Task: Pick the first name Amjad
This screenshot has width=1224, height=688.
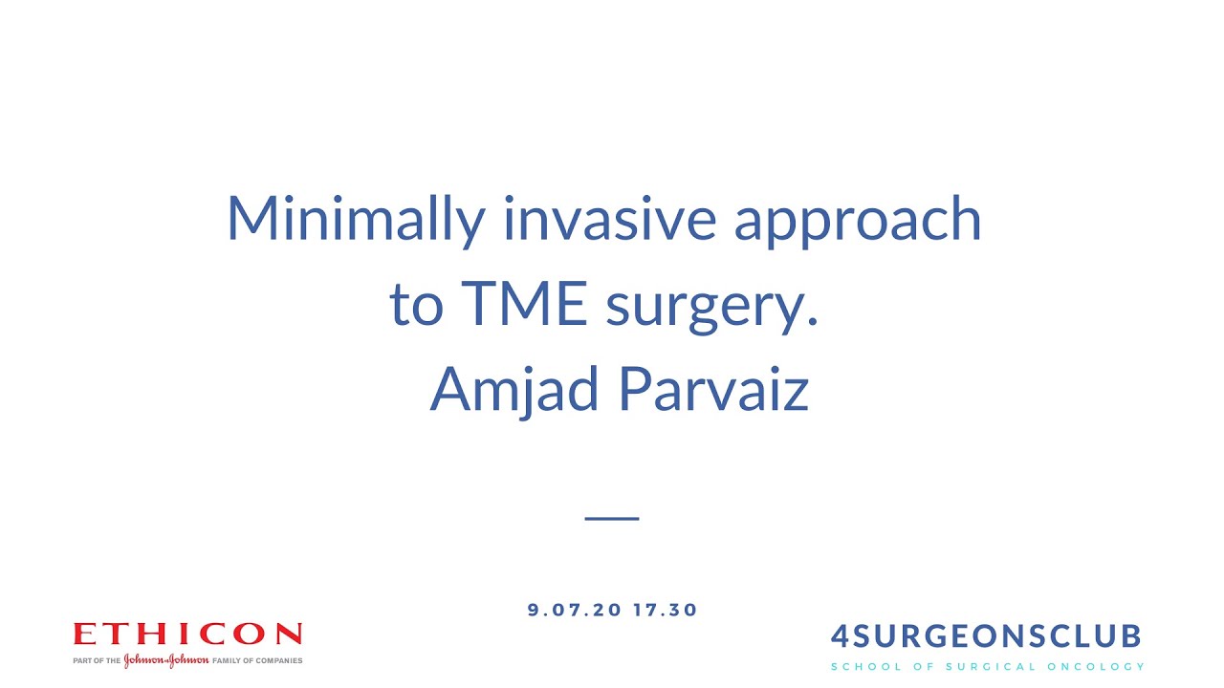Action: coord(514,390)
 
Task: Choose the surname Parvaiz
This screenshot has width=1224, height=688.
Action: coord(713,388)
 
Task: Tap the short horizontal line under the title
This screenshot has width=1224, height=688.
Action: coord(612,517)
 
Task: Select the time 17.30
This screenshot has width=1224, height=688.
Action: coord(666,610)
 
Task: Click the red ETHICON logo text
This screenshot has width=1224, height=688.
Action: coord(187,634)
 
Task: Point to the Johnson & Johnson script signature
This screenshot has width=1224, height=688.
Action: coord(165,660)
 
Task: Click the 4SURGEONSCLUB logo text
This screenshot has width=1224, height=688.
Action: coord(986,636)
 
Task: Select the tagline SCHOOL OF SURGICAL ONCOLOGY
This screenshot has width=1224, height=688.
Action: coord(987,666)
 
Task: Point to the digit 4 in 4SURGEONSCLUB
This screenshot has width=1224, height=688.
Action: coord(840,636)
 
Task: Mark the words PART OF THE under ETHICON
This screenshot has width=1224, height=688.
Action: coord(97,660)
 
